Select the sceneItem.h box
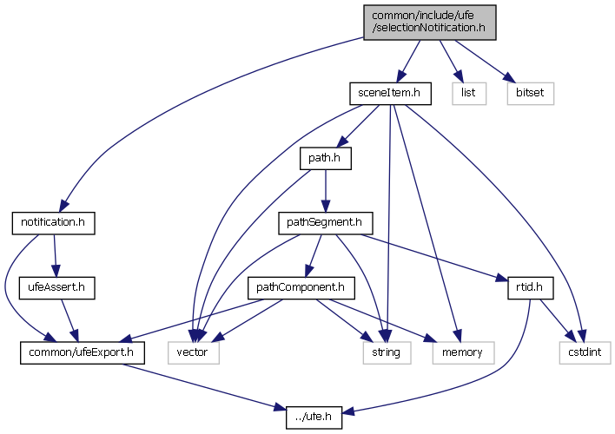point(389,92)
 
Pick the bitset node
point(529,92)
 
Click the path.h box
point(325,158)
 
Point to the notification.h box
point(52,223)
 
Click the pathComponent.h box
point(297,287)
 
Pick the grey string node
point(382,352)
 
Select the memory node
point(461,352)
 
